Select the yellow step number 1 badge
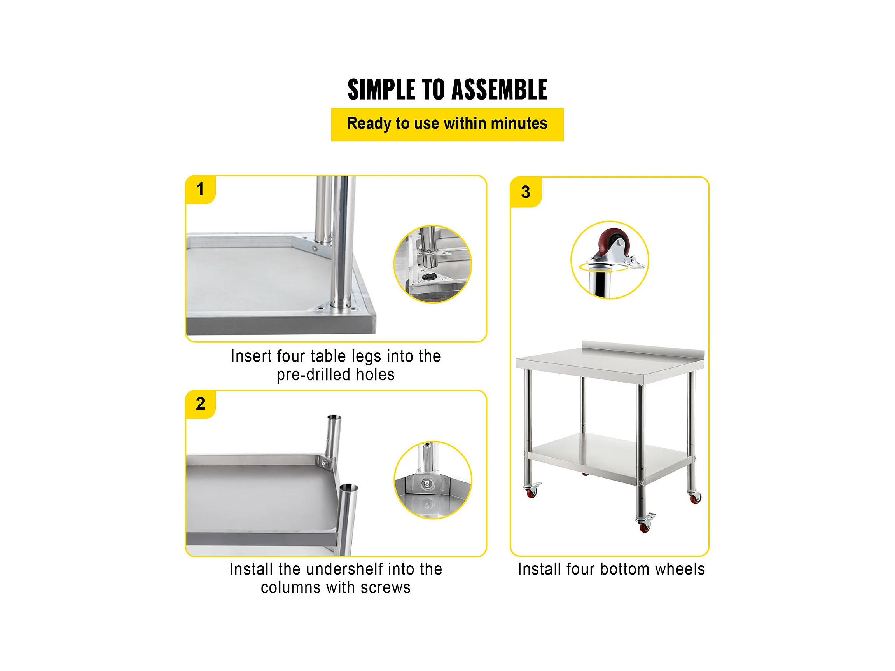(200, 190)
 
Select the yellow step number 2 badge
(200, 404)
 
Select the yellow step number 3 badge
(526, 192)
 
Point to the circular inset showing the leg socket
(432, 264)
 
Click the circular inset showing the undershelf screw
(432, 480)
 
